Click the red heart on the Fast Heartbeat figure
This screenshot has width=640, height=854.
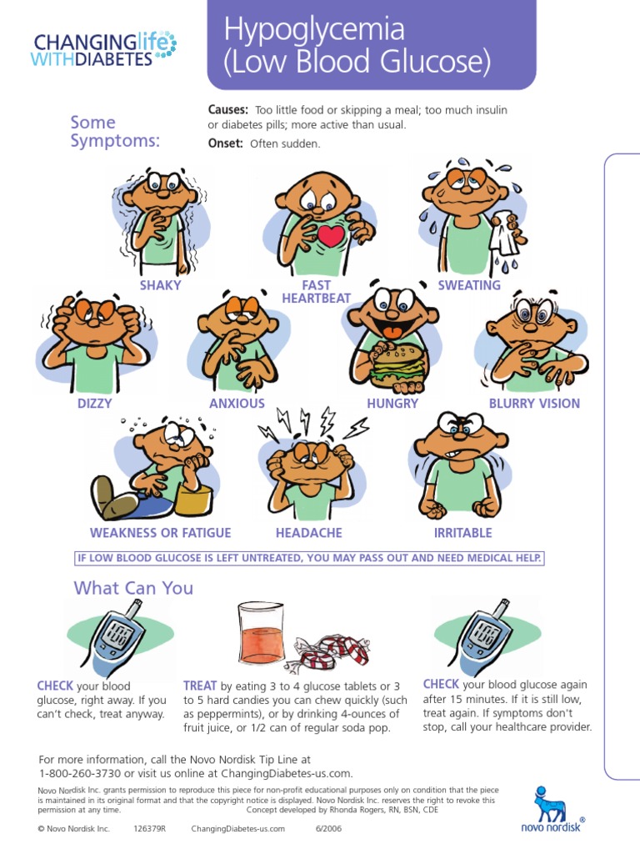331,235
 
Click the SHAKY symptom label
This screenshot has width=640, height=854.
160,285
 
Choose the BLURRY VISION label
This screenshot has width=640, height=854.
534,404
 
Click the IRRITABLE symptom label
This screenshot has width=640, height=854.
462,533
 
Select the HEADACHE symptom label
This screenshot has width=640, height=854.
308,533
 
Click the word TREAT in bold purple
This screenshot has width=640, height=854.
200,685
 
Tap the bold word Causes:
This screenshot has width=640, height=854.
227,110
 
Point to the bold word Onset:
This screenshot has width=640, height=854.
225,143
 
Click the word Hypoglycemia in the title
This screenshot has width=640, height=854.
314,31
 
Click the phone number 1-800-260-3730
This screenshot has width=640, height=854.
79,773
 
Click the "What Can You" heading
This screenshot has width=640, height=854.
133,588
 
